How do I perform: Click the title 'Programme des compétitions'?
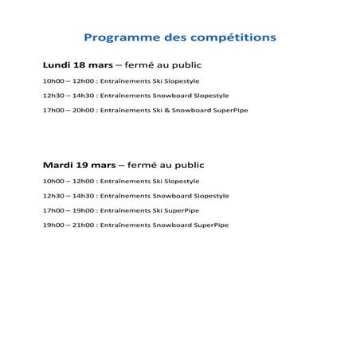tap(180, 37)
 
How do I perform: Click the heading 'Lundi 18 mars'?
tap(77, 65)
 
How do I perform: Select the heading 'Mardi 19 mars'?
tap(78, 165)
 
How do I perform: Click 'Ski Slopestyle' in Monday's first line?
tap(174, 81)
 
